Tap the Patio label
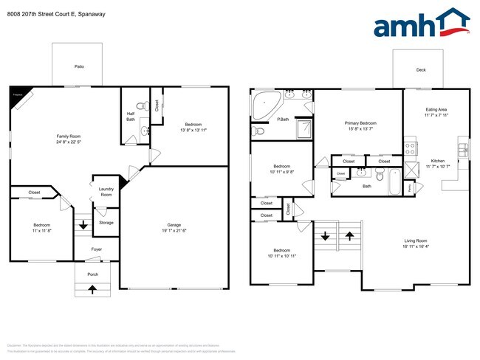pos(79,67)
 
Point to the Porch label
pos(93,274)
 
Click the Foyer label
pos(96,250)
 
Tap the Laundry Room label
pos(106,192)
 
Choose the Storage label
pos(106,222)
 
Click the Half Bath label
pos(130,116)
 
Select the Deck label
pos(421,71)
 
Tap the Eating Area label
pos(436,109)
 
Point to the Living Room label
pos(416,241)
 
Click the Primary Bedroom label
pos(360,123)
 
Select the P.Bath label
pos(282,120)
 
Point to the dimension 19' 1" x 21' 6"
pos(174,231)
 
